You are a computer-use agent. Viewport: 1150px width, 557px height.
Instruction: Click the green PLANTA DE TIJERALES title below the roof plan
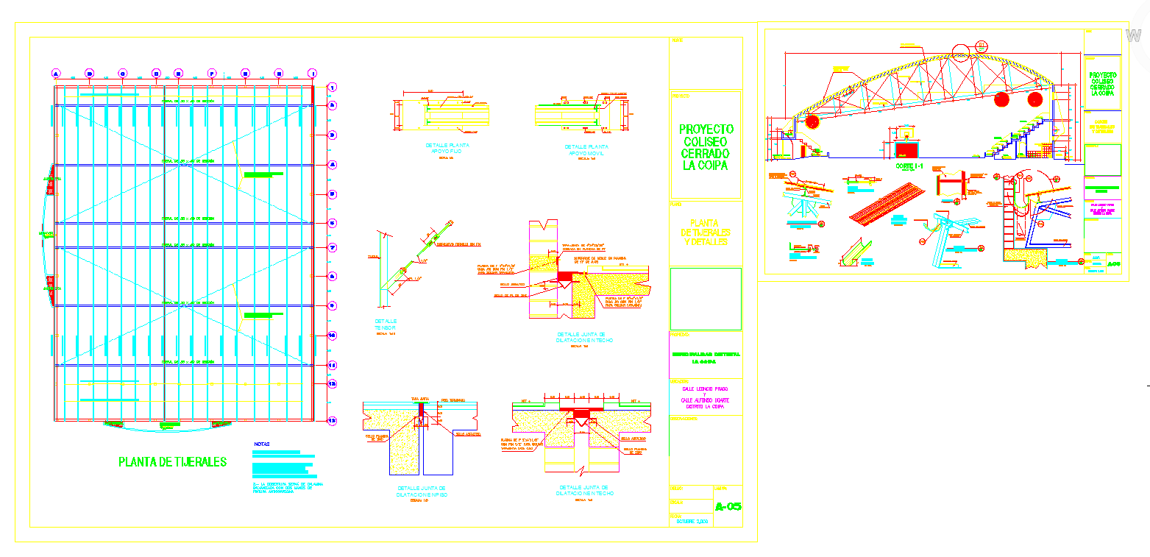pos(172,462)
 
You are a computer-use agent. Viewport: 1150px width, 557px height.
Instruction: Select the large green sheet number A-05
pos(728,506)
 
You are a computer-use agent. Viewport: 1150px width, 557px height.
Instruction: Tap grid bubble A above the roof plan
pos(56,73)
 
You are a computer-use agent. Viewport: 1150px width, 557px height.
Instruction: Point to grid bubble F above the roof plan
pos(212,73)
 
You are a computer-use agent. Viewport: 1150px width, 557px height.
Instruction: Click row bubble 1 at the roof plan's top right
pos(332,87)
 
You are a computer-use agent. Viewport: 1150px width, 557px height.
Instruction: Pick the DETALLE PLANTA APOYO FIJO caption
pos(447,149)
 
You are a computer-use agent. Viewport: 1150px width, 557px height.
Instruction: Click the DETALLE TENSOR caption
pos(386,324)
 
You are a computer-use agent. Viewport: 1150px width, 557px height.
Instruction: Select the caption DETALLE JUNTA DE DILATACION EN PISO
pos(422,492)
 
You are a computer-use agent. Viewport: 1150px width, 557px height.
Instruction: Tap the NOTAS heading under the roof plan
pos(262,444)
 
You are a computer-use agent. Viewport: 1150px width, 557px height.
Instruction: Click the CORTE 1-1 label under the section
pos(909,167)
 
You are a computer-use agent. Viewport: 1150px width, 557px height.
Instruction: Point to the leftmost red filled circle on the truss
pos(812,121)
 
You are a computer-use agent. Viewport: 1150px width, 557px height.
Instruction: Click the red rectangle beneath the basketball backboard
pos(906,150)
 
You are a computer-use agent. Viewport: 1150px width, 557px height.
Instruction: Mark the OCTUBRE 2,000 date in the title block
pos(691,522)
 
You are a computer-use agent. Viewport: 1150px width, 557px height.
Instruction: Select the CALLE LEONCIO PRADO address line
pos(704,389)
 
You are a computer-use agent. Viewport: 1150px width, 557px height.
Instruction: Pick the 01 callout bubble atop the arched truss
pos(982,45)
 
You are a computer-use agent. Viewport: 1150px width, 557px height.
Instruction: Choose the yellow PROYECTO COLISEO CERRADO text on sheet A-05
pos(706,148)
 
